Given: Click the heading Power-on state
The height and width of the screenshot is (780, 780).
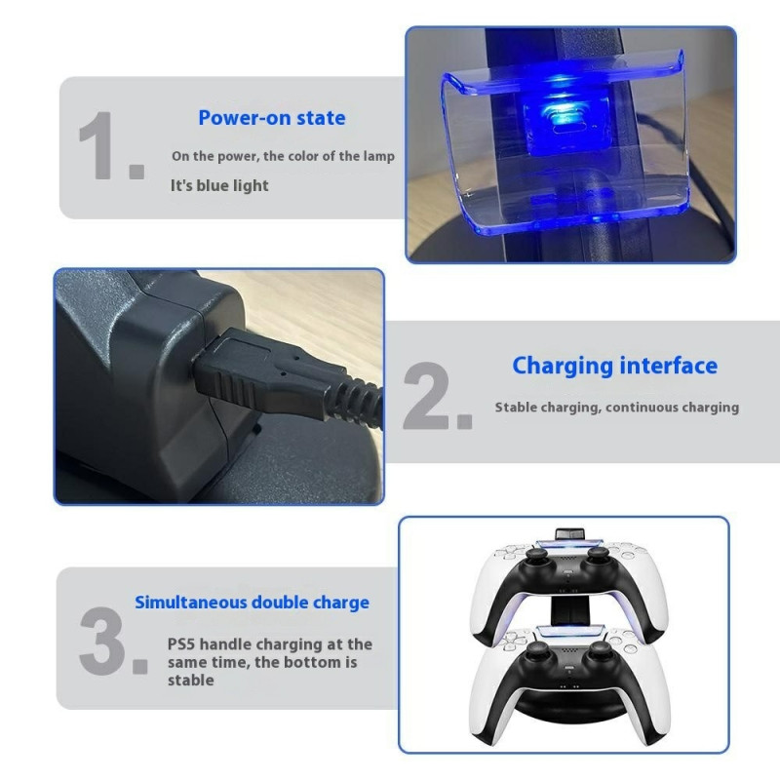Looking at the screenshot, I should [x=271, y=118].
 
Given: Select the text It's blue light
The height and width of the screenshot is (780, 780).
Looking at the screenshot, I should [x=219, y=185].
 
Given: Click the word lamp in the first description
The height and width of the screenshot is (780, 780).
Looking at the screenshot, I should [x=376, y=156].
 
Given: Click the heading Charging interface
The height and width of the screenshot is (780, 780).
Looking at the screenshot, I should [x=614, y=366].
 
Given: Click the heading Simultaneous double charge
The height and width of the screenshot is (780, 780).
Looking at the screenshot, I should [x=252, y=602].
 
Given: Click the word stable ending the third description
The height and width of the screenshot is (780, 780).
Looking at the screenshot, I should [x=190, y=680].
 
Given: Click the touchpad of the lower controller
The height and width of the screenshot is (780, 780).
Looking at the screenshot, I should [x=566, y=636].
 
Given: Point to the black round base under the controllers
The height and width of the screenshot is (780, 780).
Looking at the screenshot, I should [x=566, y=717].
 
